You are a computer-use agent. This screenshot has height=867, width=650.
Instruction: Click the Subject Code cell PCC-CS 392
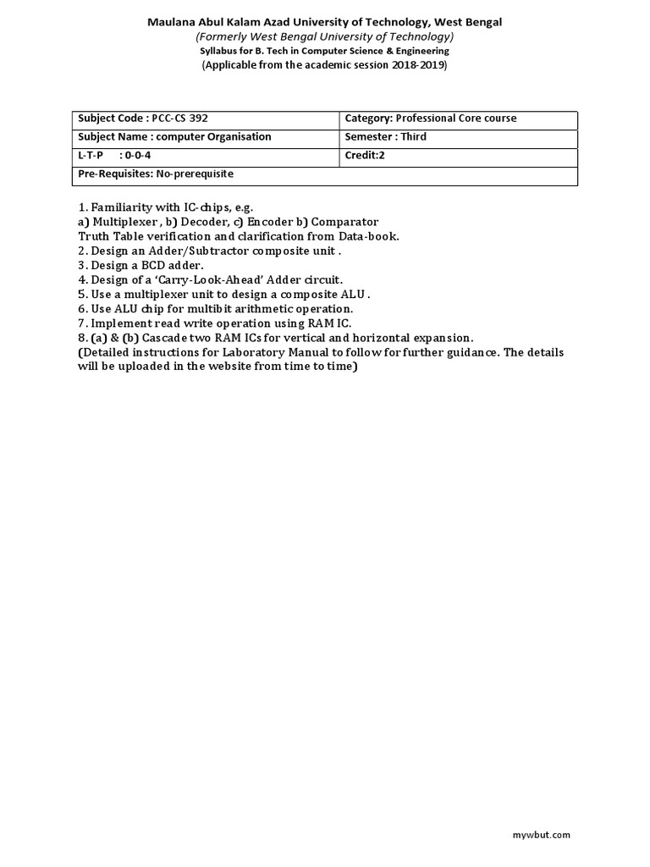coord(142,119)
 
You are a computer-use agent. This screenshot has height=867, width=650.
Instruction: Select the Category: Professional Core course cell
coord(431,119)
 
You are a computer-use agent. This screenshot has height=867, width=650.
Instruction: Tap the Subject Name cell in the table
coord(174,137)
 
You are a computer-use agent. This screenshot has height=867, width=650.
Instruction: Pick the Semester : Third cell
coord(386,137)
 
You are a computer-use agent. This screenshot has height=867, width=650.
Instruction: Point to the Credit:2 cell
coord(365,156)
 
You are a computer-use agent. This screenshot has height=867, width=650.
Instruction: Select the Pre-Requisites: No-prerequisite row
coord(156,174)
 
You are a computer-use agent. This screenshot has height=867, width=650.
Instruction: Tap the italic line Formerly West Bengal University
coord(325,36)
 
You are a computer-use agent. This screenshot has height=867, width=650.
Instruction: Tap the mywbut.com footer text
coord(542,835)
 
